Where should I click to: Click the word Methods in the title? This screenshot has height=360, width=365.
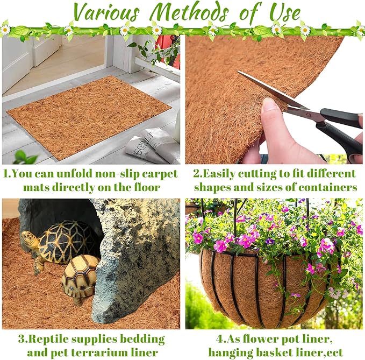pyautogui.click(x=189, y=12)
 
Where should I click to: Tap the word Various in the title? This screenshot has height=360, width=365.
pyautogui.click(x=106, y=12)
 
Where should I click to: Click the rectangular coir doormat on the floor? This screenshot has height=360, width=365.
pyautogui.click(x=89, y=117)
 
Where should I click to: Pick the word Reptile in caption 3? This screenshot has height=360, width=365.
pyautogui.click(x=49, y=340)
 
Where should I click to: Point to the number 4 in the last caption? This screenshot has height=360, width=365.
pyautogui.click(x=220, y=339)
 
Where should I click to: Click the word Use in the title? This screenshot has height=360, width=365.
pyautogui.click(x=284, y=12)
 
